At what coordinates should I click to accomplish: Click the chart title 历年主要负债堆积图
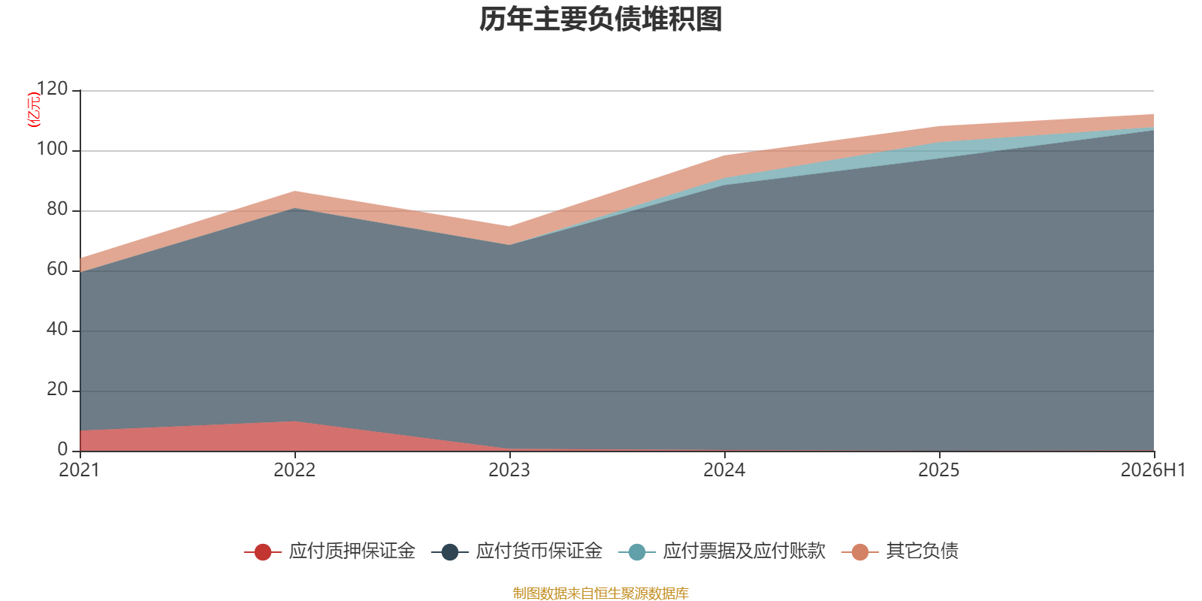point(600,20)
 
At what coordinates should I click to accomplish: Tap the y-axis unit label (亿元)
point(34,110)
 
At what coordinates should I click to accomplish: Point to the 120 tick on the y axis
point(52,89)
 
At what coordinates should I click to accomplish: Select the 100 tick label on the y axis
point(52,149)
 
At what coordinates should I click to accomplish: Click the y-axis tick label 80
point(57,209)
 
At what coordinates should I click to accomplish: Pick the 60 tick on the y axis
point(57,269)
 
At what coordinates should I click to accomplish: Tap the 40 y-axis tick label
point(57,329)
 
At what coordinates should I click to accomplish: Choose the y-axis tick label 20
point(57,389)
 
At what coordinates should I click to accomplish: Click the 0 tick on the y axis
point(63,449)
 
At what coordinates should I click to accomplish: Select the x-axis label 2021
point(80,470)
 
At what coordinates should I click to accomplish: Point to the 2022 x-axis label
point(294,470)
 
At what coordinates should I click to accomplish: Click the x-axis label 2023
point(509,470)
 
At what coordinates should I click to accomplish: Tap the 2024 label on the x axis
point(724,470)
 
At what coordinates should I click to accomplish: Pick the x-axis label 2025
point(939,470)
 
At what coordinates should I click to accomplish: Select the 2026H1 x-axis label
point(1153,470)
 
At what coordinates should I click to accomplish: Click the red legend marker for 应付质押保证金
point(263,551)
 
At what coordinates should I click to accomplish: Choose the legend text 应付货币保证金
point(539,551)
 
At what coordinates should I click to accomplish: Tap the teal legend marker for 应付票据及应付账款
point(637,551)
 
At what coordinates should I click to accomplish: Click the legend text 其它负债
point(922,551)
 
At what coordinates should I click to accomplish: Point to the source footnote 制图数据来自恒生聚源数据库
point(600,593)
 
